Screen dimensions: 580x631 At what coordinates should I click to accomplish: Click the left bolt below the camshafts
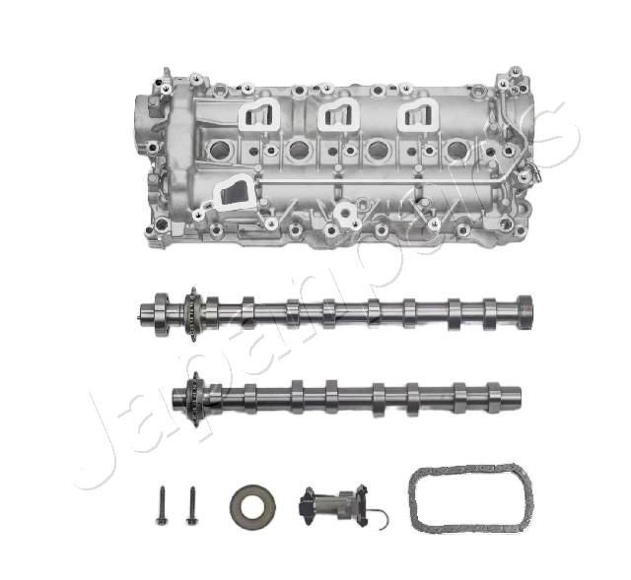160,505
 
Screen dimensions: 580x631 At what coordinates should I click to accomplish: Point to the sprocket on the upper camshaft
191,313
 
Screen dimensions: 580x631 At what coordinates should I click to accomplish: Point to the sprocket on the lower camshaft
194,399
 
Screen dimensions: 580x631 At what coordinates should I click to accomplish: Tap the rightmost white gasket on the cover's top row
416,115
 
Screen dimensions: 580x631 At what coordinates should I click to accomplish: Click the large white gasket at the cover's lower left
231,193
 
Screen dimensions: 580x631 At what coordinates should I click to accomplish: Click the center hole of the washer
251,505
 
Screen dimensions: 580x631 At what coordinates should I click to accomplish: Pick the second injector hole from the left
299,151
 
